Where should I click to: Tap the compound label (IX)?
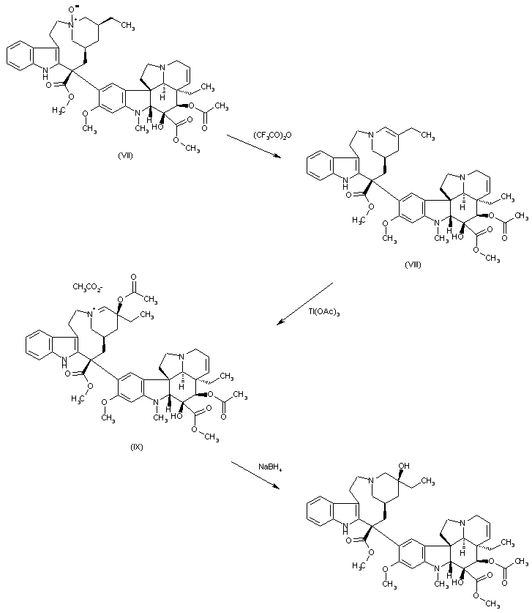coord(137,445)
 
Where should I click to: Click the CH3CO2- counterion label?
coord(90,286)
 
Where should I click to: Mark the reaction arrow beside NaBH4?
coord(255,475)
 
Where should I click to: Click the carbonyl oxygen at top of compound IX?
coord(134,277)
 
